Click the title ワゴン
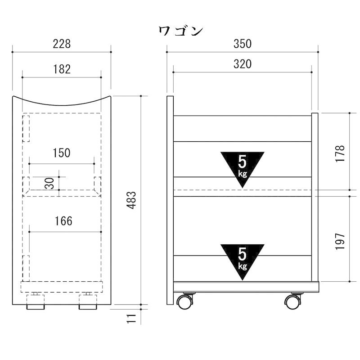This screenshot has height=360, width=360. click(x=181, y=31)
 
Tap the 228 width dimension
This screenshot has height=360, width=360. click(x=62, y=44)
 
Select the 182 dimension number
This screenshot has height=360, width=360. click(x=62, y=69)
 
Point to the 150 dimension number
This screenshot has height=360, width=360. click(x=62, y=153)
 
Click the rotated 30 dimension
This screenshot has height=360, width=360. click(x=49, y=183)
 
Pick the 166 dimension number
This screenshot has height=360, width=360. click(x=63, y=221)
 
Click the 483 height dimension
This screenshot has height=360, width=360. click(x=131, y=200)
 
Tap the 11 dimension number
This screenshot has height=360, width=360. click(x=131, y=319)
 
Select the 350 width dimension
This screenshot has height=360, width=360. click(x=243, y=44)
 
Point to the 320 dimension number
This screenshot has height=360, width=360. click(x=243, y=64)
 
